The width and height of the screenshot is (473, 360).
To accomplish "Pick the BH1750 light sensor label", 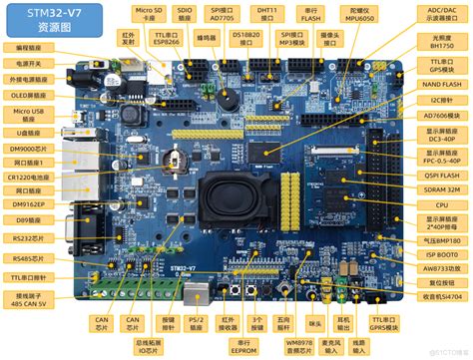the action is pos(439,42).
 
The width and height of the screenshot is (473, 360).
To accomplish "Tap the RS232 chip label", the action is pos(30,236).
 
